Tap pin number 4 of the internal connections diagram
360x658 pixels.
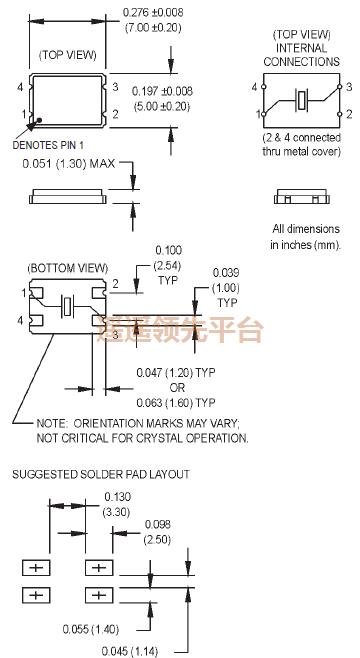[x=258, y=87]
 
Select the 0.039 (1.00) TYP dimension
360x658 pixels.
[x=227, y=288]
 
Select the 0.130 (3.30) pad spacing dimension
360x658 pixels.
[x=116, y=503]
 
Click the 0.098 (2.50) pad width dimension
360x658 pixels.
[x=158, y=531]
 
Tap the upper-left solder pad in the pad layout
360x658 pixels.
[x=36, y=568]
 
